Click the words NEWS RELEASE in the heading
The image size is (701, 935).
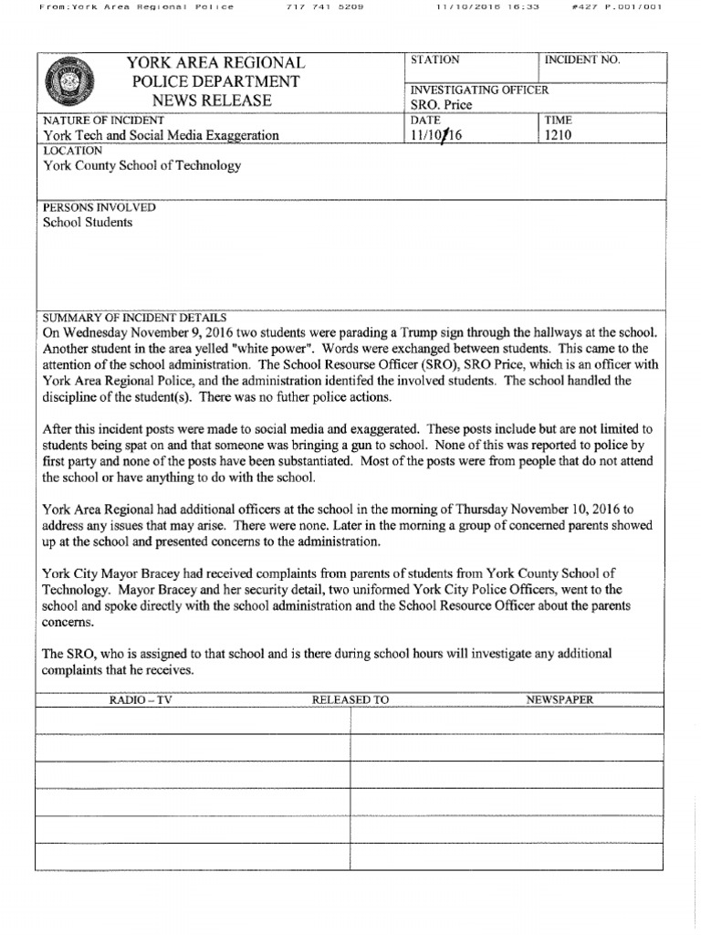212,100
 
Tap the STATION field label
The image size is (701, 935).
435,60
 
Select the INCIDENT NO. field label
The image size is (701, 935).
581,60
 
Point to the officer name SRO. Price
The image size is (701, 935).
442,105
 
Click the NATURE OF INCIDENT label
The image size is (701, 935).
103,121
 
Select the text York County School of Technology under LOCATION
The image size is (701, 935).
142,166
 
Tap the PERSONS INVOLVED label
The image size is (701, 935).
99,207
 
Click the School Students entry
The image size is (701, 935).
88,223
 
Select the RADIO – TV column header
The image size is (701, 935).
141,700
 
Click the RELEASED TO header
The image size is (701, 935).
350,700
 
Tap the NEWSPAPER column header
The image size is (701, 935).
560,700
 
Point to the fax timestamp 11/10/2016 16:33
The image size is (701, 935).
476,7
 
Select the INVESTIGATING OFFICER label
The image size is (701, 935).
479,90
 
